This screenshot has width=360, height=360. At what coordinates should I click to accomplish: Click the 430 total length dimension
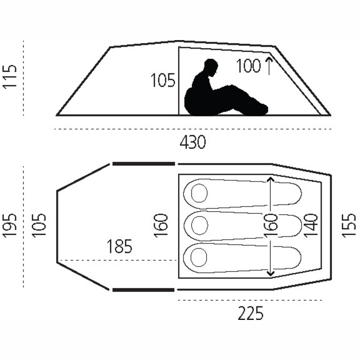pos(193,142)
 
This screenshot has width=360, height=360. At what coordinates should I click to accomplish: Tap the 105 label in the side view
pos(163,81)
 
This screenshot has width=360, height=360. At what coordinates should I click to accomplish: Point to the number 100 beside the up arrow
pos(248,67)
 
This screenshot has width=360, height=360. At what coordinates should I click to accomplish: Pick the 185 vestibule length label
pos(120,247)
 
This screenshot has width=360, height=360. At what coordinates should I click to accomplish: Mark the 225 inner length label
pos(250,313)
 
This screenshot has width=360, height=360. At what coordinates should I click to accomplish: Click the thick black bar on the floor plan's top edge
pos(143,163)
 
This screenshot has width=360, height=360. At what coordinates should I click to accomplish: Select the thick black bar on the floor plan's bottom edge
pos(143,290)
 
